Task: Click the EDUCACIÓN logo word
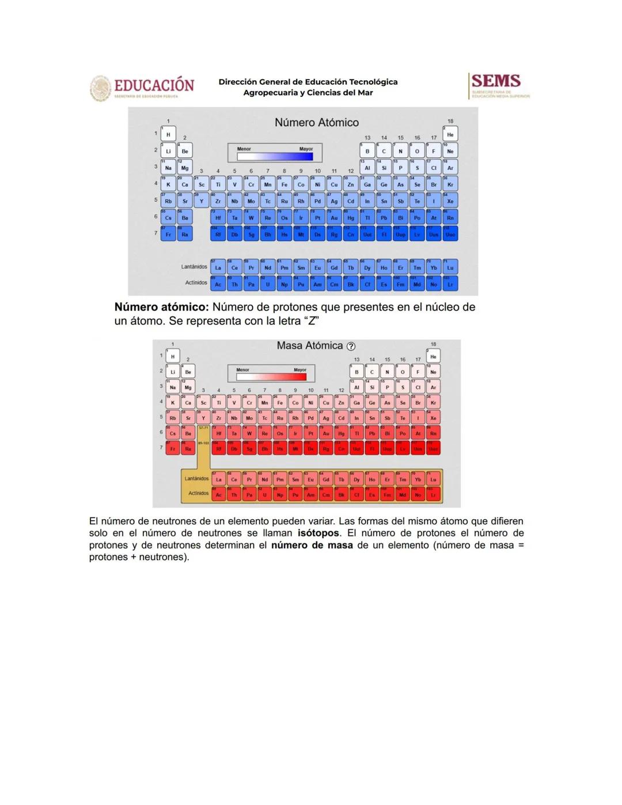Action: click(x=154, y=85)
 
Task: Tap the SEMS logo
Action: click(x=496, y=81)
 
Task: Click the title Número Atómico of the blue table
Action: click(x=316, y=122)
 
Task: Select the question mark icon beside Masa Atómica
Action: click(x=351, y=346)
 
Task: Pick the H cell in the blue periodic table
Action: click(x=168, y=134)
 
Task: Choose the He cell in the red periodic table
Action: click(x=433, y=357)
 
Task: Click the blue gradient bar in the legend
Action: click(x=275, y=156)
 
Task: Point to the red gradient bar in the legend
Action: click(x=271, y=377)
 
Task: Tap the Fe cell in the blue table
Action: click(x=284, y=184)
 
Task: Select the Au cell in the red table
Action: click(x=326, y=433)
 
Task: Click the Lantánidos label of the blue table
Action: click(x=194, y=267)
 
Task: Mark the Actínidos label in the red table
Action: click(x=198, y=493)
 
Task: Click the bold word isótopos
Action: click(x=318, y=533)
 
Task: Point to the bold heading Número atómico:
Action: click(x=161, y=307)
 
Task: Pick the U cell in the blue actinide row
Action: click(x=267, y=285)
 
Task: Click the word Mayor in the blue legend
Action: click(x=306, y=149)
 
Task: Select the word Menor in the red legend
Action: click(x=242, y=370)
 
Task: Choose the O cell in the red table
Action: click(x=403, y=372)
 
